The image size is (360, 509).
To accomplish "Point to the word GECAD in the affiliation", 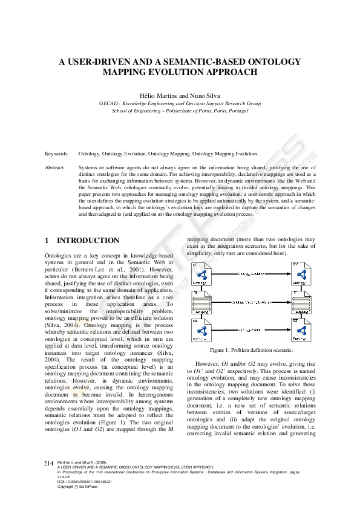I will tap(109, 103).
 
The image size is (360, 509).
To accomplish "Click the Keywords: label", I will tap(57, 154).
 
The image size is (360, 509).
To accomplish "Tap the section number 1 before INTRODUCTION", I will tap(47, 240).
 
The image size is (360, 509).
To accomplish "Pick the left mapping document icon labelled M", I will tap(200, 302).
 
